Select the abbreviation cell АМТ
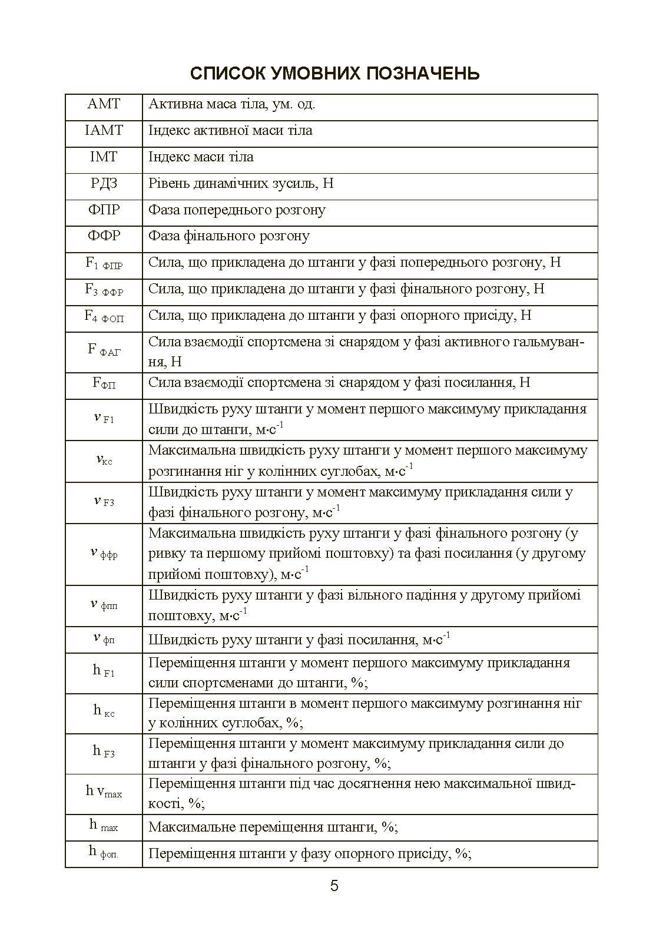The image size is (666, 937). pos(104,105)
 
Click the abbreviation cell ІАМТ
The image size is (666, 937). pos(104,131)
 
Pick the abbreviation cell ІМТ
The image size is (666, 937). pos(104,157)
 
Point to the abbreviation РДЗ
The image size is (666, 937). pos(104,184)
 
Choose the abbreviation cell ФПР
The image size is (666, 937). pos(104,210)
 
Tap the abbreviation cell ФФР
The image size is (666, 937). pos(104,236)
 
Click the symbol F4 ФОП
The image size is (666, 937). pos(104,317)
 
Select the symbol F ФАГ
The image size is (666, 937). pos(104,350)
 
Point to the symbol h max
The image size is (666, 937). pos(104,826)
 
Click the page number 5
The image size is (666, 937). pos(334,886)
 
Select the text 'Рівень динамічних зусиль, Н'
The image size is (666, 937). pos(241,184)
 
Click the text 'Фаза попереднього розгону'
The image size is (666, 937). pos(237,210)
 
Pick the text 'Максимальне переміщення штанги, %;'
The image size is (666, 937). pos(273,827)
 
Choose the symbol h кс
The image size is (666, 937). pos(104,711)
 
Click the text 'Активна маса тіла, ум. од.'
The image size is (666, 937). pos(232,105)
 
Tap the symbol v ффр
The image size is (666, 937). pos(104,553)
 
